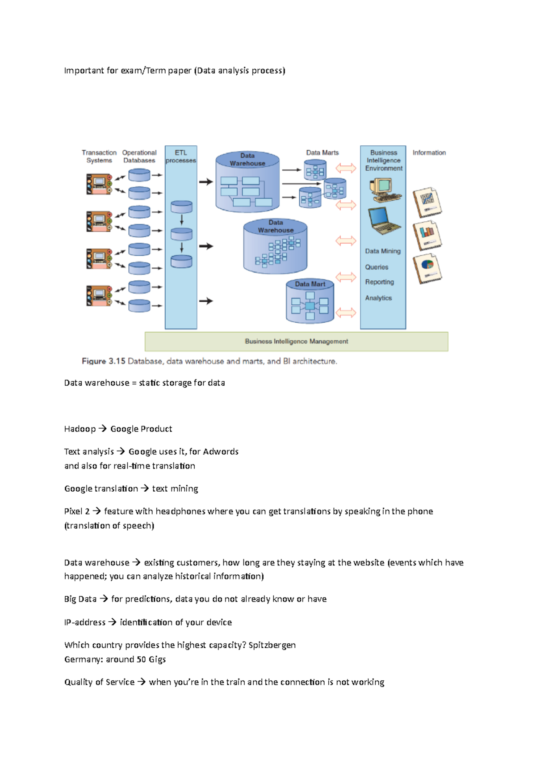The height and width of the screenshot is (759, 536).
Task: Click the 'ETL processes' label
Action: tap(181, 156)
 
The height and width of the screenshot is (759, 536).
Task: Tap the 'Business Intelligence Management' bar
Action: tap(296, 342)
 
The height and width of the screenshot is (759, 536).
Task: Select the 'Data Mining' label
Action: tap(383, 251)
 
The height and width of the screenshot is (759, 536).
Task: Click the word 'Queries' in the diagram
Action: tap(377, 267)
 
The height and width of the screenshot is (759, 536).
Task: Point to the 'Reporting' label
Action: tap(380, 282)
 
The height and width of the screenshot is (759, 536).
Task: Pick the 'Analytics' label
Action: tap(378, 298)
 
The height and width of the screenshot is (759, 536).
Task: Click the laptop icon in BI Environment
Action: tap(384, 221)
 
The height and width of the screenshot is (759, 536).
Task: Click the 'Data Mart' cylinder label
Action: tap(310, 284)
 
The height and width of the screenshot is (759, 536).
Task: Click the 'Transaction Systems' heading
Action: tap(99, 156)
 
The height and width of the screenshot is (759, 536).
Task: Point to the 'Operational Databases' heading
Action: tap(139, 156)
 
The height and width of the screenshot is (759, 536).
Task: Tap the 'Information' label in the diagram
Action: tap(429, 153)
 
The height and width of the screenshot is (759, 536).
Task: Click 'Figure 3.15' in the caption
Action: tap(104, 361)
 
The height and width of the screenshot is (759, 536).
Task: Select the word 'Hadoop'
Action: tap(80, 429)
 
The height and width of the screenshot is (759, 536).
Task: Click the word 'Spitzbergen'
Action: tap(272, 645)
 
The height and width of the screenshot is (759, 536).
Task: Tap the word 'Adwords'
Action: tap(221, 451)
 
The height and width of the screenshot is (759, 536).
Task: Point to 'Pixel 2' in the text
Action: tap(77, 511)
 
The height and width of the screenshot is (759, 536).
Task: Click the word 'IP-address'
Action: tap(85, 622)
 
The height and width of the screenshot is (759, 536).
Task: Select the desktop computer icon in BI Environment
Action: tap(384, 190)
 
